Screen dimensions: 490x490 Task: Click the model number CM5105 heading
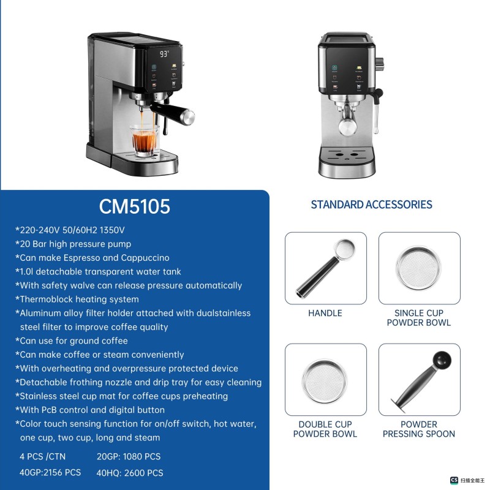click(135, 206)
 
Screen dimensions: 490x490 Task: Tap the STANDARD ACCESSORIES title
click(371, 205)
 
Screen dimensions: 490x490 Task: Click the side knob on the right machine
click(379, 62)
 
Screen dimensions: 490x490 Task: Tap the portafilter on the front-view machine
click(347, 123)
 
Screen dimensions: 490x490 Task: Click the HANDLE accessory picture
click(325, 268)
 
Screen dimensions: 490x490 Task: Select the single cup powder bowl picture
click(419, 268)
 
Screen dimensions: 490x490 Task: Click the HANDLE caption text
click(325, 313)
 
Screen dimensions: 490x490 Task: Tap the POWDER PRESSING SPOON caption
click(419, 429)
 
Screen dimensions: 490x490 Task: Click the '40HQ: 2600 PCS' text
click(129, 473)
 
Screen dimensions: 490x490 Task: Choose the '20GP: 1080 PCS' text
click(128, 456)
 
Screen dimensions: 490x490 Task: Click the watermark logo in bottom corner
click(454, 481)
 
